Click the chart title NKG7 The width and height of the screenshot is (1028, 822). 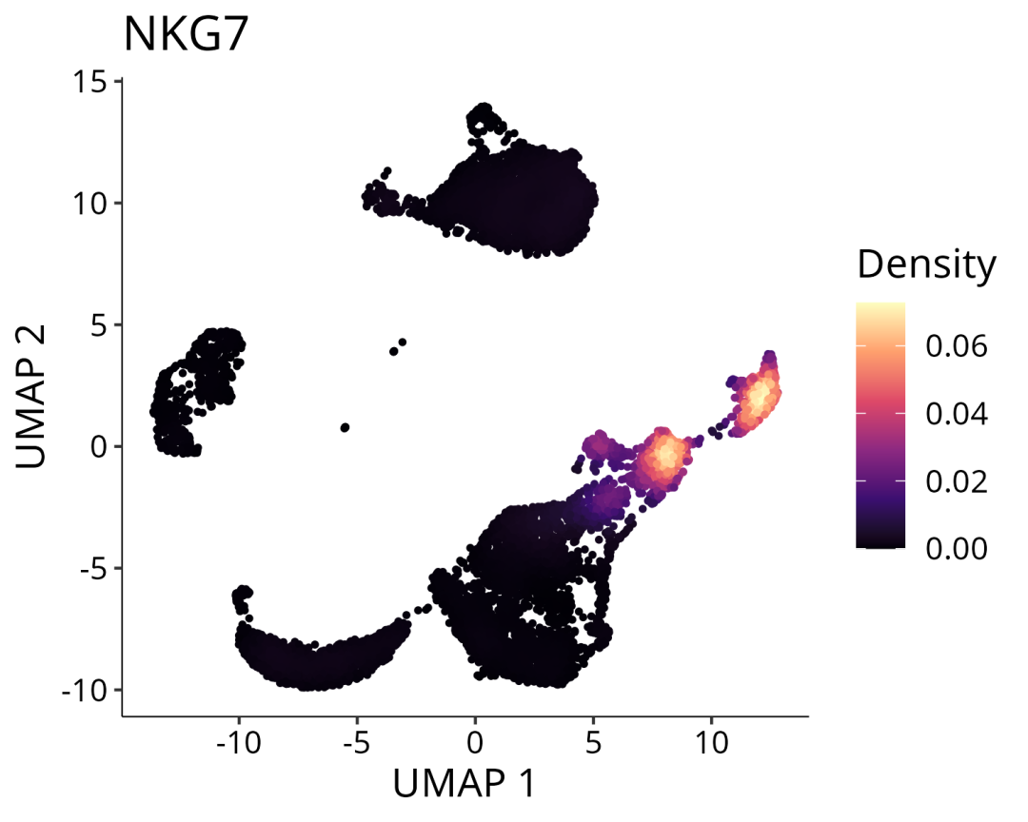[x=185, y=35]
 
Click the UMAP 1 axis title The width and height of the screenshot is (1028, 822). [x=465, y=784]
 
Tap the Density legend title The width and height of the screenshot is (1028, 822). [x=926, y=264]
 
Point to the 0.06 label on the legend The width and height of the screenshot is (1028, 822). [x=956, y=346]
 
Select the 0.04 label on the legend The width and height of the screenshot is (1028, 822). [x=956, y=414]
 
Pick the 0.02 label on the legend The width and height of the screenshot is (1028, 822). [x=956, y=481]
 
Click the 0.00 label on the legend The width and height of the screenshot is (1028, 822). [x=956, y=549]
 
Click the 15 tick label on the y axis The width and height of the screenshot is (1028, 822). [x=93, y=82]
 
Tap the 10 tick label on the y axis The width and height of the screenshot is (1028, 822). [x=93, y=204]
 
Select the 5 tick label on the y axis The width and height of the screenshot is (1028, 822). [x=100, y=325]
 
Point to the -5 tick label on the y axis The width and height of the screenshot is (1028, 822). [x=93, y=568]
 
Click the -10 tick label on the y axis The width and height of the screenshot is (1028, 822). [x=88, y=690]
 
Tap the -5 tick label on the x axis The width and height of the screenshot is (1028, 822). [x=357, y=739]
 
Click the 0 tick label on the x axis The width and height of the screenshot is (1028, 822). [x=475, y=739]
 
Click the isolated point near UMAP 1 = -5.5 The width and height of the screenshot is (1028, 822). [x=345, y=427]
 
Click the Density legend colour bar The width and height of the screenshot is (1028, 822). [x=880, y=425]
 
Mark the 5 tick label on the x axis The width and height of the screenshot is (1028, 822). [x=593, y=739]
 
